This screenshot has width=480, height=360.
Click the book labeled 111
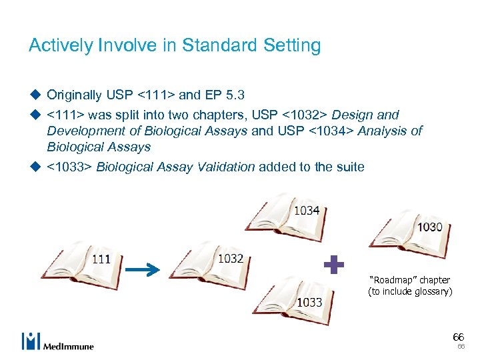click(79, 261)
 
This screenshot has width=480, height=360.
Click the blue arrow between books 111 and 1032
click(143, 269)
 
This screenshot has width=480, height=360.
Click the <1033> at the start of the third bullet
click(69, 166)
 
